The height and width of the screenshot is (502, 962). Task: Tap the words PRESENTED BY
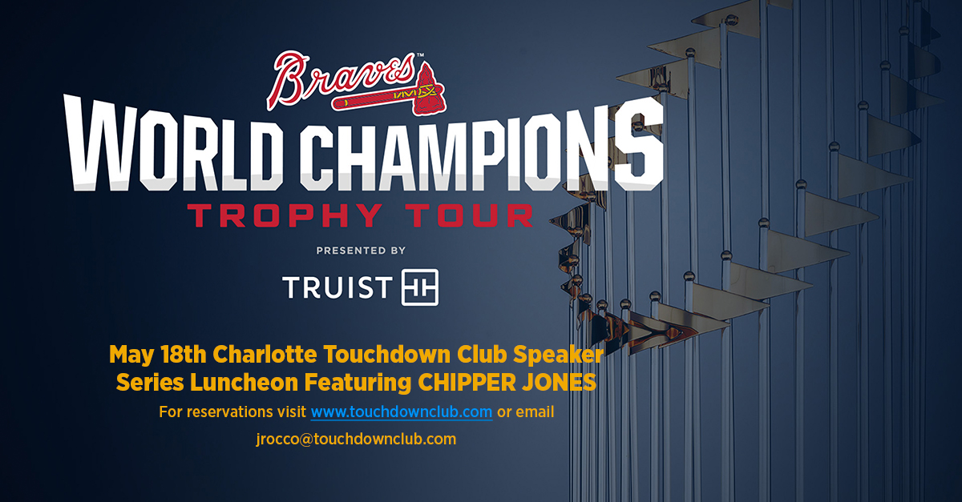(x=361, y=251)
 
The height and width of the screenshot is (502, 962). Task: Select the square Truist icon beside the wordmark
(x=420, y=287)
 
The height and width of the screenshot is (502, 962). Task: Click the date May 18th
(x=158, y=355)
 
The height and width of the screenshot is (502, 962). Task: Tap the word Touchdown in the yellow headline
(x=387, y=354)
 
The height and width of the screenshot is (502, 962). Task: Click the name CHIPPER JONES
(x=507, y=382)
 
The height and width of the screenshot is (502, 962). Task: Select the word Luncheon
(x=244, y=382)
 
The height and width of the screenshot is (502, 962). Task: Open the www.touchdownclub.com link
(x=402, y=412)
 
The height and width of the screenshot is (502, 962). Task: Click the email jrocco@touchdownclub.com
(x=356, y=439)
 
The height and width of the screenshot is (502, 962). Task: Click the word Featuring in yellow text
(x=358, y=383)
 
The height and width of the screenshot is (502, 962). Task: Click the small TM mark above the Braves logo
(x=420, y=55)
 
